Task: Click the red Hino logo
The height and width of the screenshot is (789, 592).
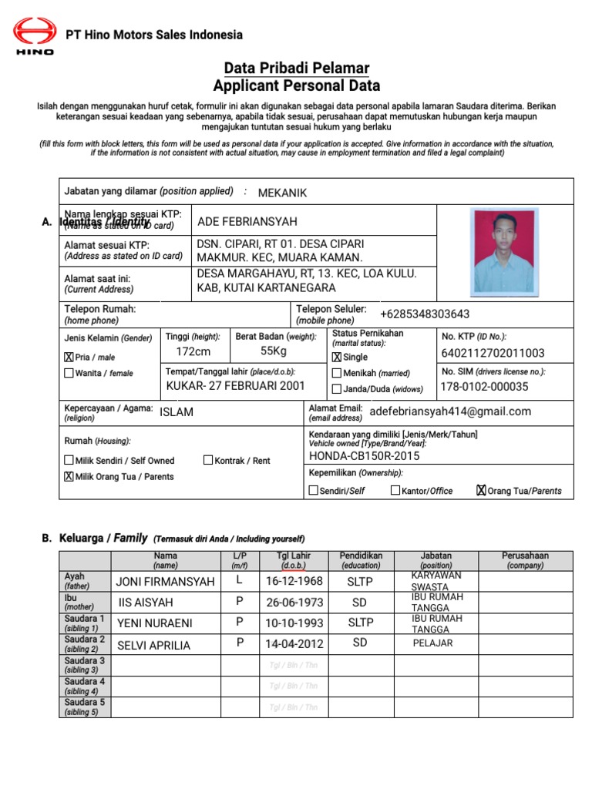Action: [x=35, y=35]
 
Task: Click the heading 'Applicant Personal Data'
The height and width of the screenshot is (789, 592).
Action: [x=296, y=86]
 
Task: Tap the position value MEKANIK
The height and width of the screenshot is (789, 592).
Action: [x=282, y=193]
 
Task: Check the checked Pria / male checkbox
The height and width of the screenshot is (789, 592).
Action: [x=69, y=358]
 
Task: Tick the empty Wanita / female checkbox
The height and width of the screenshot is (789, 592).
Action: [x=69, y=374]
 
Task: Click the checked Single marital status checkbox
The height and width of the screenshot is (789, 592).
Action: [x=336, y=358]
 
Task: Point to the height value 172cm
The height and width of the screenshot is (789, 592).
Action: [x=193, y=351]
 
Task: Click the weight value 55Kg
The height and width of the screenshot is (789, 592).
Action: [x=273, y=351]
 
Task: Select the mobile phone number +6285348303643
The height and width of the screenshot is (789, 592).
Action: [x=425, y=314]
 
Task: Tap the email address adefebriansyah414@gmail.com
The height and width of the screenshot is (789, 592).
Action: [x=451, y=411]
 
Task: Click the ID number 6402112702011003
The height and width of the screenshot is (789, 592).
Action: [x=493, y=354]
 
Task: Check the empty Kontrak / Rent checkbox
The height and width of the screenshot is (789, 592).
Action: [x=208, y=461]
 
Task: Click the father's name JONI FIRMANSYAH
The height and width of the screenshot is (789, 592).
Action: [x=165, y=582]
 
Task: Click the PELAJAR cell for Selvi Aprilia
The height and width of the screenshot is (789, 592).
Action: [x=432, y=643]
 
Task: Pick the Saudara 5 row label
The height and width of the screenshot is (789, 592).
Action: [x=85, y=707]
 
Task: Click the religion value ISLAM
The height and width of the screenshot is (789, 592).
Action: [x=177, y=411]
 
